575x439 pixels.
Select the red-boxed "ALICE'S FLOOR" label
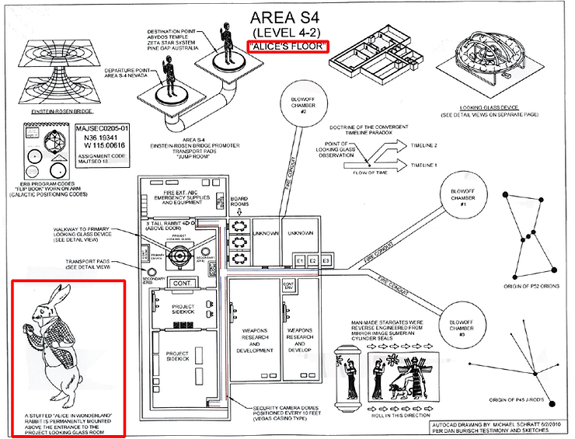point(287,47)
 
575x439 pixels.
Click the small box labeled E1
point(298,260)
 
